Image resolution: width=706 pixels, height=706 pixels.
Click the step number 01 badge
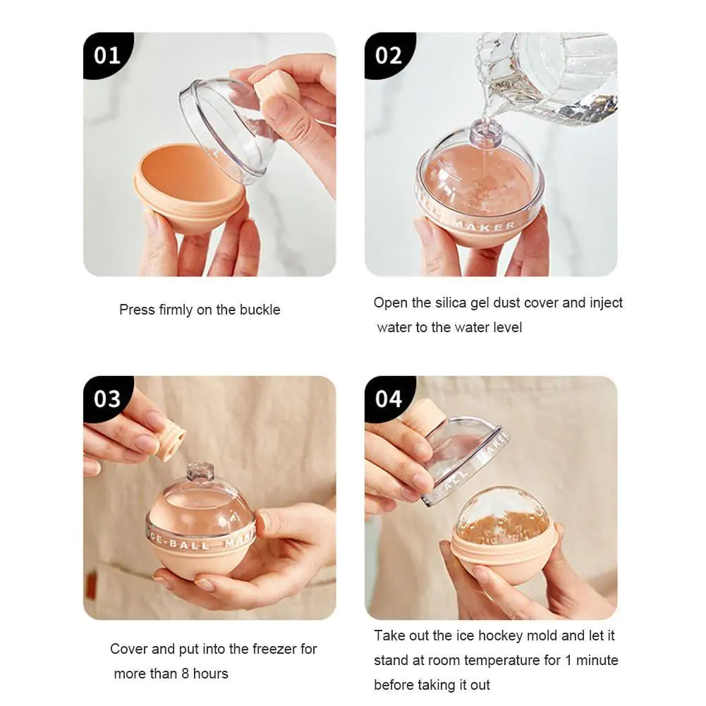click(x=107, y=55)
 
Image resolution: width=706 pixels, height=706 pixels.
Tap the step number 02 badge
click(x=389, y=55)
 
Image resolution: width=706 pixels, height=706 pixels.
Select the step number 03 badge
click(x=107, y=398)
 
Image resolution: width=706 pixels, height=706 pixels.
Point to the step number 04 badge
click(x=389, y=398)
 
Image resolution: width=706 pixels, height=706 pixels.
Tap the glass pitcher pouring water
click(x=550, y=74)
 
